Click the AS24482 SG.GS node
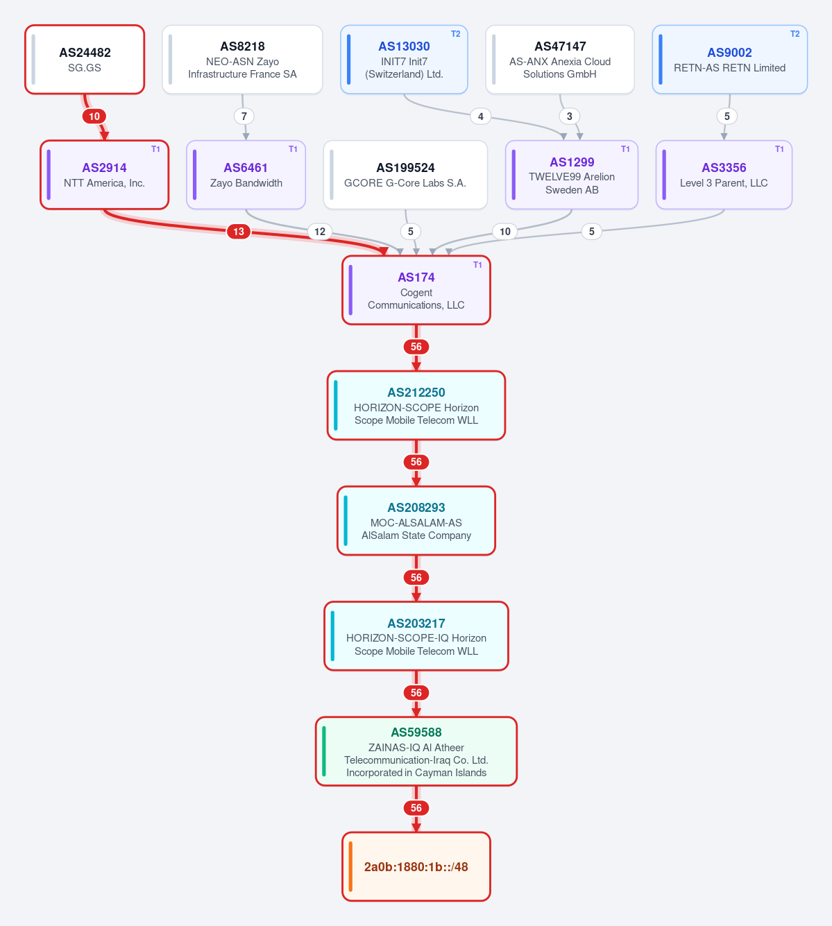click(85, 60)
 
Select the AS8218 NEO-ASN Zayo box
click(242, 60)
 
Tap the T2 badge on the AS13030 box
click(456, 34)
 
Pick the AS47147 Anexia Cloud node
click(560, 60)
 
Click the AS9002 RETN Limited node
click(729, 60)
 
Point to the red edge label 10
click(94, 117)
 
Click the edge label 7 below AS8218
click(244, 117)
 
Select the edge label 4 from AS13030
click(481, 117)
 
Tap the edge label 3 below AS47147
click(570, 117)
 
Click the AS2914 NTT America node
click(104, 175)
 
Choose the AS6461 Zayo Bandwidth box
click(246, 175)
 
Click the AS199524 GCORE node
click(405, 175)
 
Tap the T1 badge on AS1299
click(625, 149)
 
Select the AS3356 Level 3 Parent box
click(724, 175)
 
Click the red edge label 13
click(239, 232)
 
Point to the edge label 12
click(320, 232)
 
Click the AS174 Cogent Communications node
click(416, 290)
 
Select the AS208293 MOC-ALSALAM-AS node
click(416, 521)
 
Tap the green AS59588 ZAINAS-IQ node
click(416, 751)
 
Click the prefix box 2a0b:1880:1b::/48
click(416, 866)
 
